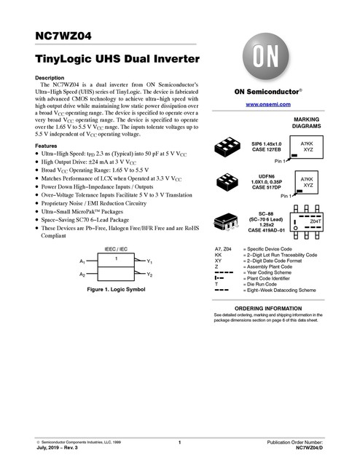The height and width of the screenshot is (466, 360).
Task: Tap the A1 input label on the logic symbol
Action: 82,261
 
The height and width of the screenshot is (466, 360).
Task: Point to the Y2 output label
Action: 150,275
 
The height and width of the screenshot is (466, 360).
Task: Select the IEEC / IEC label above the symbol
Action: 117,249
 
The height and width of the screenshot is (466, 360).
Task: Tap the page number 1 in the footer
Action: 179,443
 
